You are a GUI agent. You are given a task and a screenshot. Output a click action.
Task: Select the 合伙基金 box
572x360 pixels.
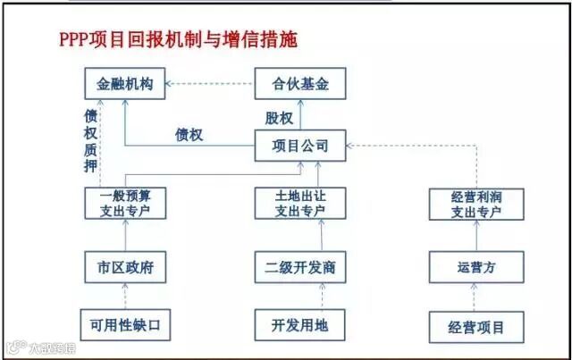[299, 86]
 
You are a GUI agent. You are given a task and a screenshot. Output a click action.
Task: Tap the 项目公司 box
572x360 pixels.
[299, 146]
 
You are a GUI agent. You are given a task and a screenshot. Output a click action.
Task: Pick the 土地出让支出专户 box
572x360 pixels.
[299, 204]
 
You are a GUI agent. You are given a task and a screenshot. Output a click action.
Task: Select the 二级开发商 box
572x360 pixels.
[299, 266]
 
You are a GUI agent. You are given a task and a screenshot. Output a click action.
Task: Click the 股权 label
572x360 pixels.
[278, 117]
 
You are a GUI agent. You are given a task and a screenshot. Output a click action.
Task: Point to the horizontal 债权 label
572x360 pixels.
[189, 136]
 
